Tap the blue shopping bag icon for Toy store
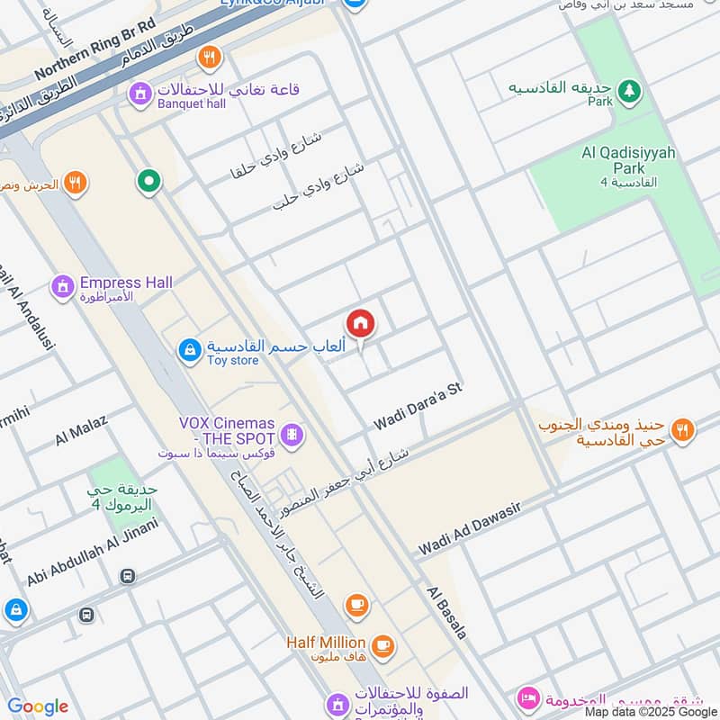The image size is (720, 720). click(x=190, y=350)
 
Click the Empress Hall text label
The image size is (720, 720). click(x=126, y=283)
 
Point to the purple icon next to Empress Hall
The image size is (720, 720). click(x=63, y=287)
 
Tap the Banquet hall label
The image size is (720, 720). click(x=191, y=103)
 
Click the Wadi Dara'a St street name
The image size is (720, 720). click(x=418, y=405)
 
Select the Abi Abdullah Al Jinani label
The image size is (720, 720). click(x=92, y=552)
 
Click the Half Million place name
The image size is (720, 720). click(x=326, y=643)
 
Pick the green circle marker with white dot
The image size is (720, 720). click(x=148, y=182)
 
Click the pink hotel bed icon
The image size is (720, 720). click(x=528, y=698)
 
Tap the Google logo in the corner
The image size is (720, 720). click(x=38, y=706)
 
